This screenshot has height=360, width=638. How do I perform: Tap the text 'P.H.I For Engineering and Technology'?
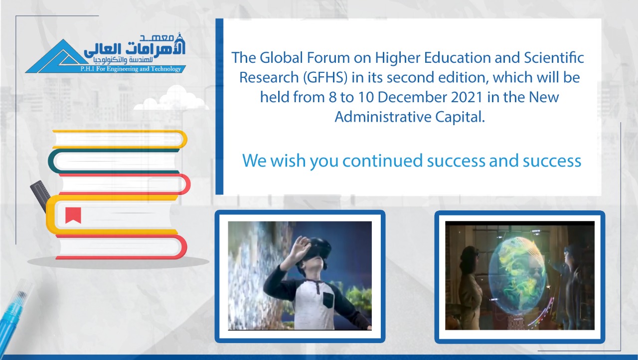point(131,69)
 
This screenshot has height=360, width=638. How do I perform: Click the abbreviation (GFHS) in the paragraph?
point(325,77)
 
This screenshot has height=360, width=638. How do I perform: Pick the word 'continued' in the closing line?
point(382,161)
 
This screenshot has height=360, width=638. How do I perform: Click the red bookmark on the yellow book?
point(73,215)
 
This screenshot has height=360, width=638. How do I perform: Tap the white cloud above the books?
point(171,98)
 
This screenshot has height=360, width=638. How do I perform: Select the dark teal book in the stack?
point(114,161)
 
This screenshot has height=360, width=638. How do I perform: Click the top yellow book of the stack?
point(120,139)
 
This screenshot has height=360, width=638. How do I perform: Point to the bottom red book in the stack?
point(121,247)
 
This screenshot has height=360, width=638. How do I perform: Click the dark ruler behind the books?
point(40,195)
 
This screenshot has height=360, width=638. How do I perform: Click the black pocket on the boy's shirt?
point(328,300)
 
